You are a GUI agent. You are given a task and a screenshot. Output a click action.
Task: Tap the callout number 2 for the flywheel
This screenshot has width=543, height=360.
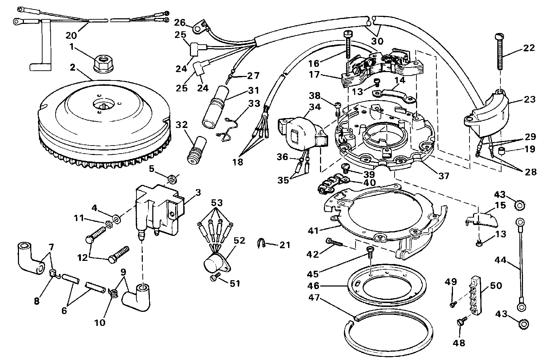click(x=72, y=67)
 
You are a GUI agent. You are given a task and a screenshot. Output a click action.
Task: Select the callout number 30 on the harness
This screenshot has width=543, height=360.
click(x=377, y=41)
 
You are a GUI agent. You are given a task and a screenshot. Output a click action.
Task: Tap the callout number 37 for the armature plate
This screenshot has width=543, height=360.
click(x=444, y=175)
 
